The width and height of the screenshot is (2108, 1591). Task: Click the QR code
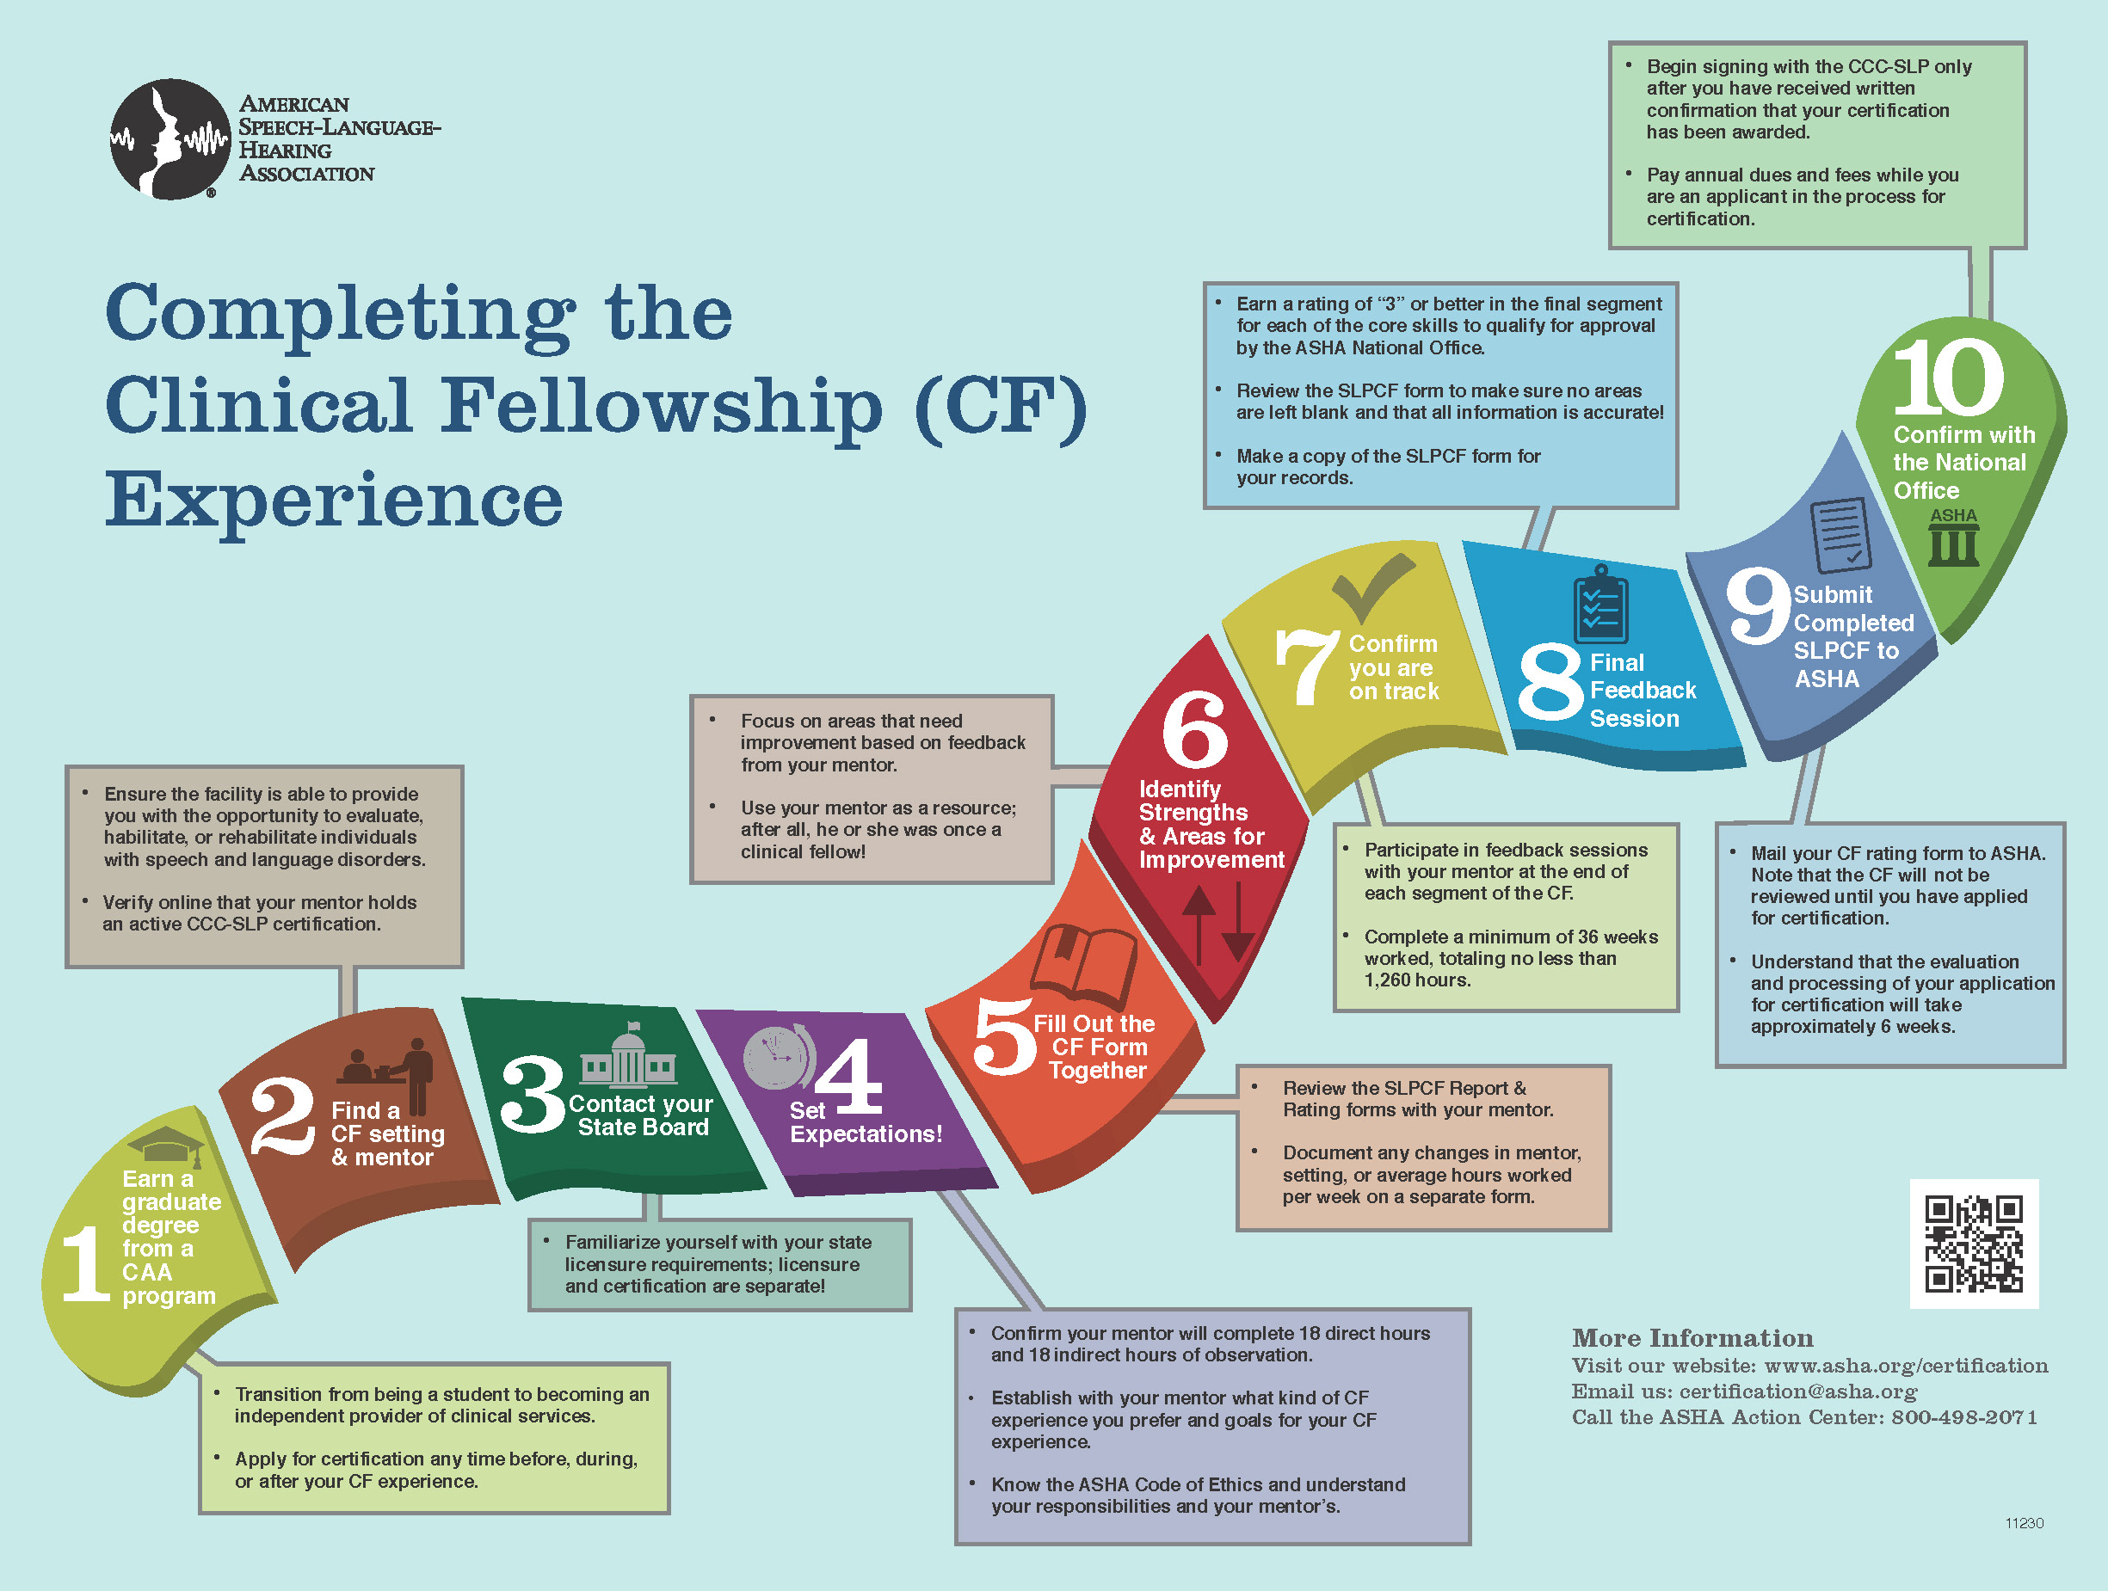click(1973, 1244)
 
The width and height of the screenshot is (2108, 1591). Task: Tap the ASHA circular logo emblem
click(170, 139)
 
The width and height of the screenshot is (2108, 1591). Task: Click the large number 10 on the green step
click(1948, 378)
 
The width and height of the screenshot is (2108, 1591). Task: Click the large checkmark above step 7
click(1372, 586)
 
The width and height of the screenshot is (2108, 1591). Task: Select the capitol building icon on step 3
click(628, 1058)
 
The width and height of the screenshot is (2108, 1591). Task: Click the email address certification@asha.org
click(1797, 1391)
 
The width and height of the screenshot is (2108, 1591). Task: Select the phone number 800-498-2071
click(1964, 1416)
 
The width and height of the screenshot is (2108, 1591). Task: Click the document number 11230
click(2025, 1522)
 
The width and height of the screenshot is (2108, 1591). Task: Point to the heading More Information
click(1692, 1337)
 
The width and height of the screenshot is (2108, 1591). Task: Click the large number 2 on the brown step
click(282, 1116)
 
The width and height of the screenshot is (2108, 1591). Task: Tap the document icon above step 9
click(1840, 533)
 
